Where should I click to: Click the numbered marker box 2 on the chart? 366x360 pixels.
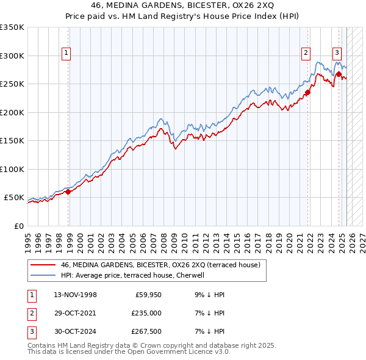click(x=306, y=53)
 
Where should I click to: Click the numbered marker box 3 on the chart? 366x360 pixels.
click(x=336, y=52)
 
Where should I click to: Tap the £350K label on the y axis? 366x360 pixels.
click(x=12, y=27)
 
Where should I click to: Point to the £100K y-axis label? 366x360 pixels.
click(x=12, y=169)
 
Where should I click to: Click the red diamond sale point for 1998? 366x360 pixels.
click(x=68, y=192)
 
